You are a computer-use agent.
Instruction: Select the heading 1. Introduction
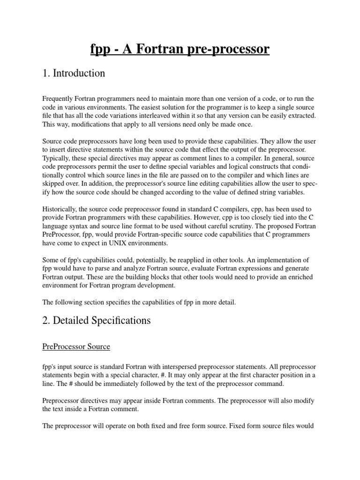(x=74, y=74)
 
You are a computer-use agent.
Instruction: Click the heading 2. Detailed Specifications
(x=97, y=321)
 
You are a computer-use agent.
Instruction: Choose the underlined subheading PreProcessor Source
(x=76, y=347)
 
